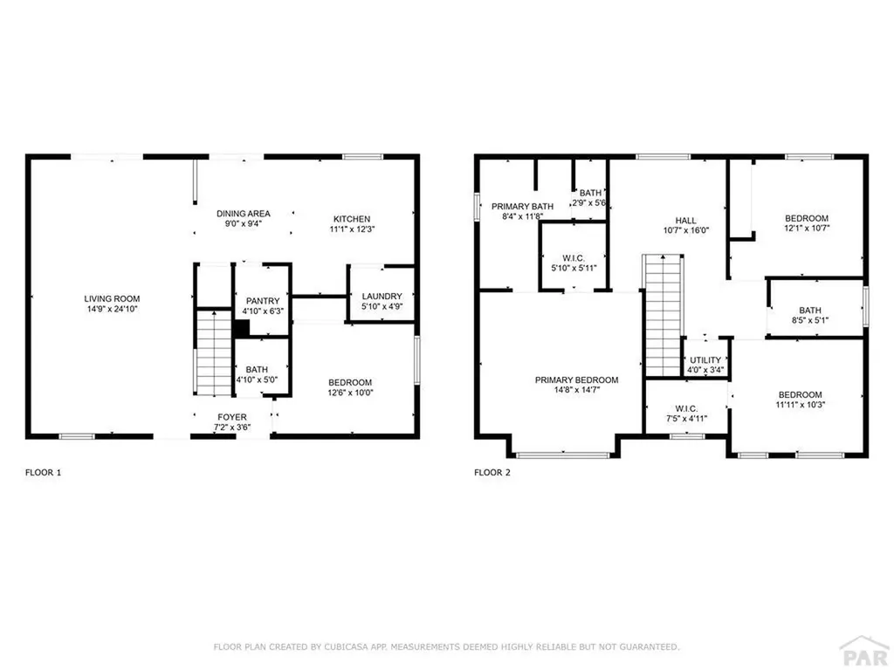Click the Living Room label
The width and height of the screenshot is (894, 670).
coord(112,298)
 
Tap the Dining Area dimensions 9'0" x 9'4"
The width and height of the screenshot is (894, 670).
coord(244,223)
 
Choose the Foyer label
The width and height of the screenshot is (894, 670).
coord(232,417)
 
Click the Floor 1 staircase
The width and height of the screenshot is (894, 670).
coord(212,353)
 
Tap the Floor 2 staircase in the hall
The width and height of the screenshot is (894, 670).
coord(662,313)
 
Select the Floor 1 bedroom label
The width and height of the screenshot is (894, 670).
coord(350,383)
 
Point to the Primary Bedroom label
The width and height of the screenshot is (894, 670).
coord(576,380)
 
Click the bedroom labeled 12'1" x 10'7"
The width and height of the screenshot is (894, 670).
coord(806,223)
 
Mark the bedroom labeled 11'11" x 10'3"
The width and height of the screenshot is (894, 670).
coord(801,399)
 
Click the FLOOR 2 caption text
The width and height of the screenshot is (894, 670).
coord(492,473)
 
